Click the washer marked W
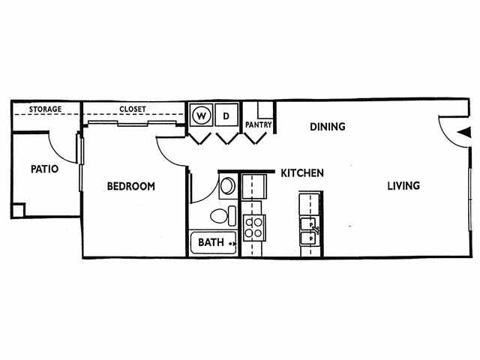(201, 116)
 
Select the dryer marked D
(226, 116)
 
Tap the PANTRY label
(258, 125)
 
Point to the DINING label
(327, 127)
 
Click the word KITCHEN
(302, 173)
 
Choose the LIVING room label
(403, 185)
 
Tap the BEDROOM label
(130, 186)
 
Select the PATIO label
(44, 169)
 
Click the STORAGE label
(45, 109)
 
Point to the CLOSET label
(133, 109)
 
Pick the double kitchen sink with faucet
(308, 230)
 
